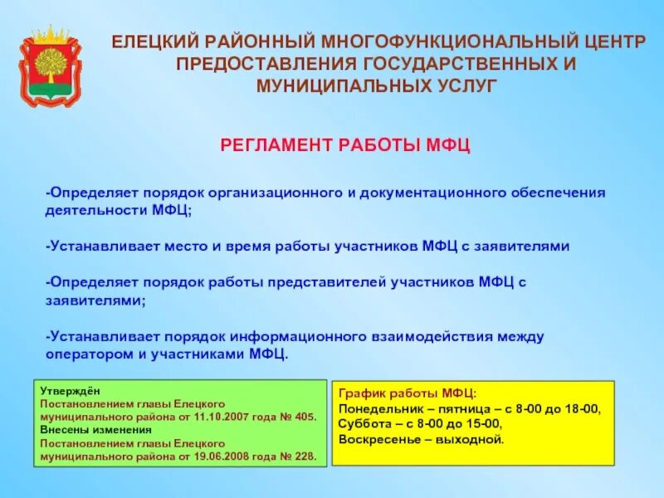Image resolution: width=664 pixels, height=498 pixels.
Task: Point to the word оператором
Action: point(84,354)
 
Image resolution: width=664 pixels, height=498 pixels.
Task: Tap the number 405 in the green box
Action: point(305,417)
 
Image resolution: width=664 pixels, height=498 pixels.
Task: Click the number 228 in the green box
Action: point(305,456)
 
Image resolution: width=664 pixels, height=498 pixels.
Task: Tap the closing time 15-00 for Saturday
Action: point(484,424)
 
